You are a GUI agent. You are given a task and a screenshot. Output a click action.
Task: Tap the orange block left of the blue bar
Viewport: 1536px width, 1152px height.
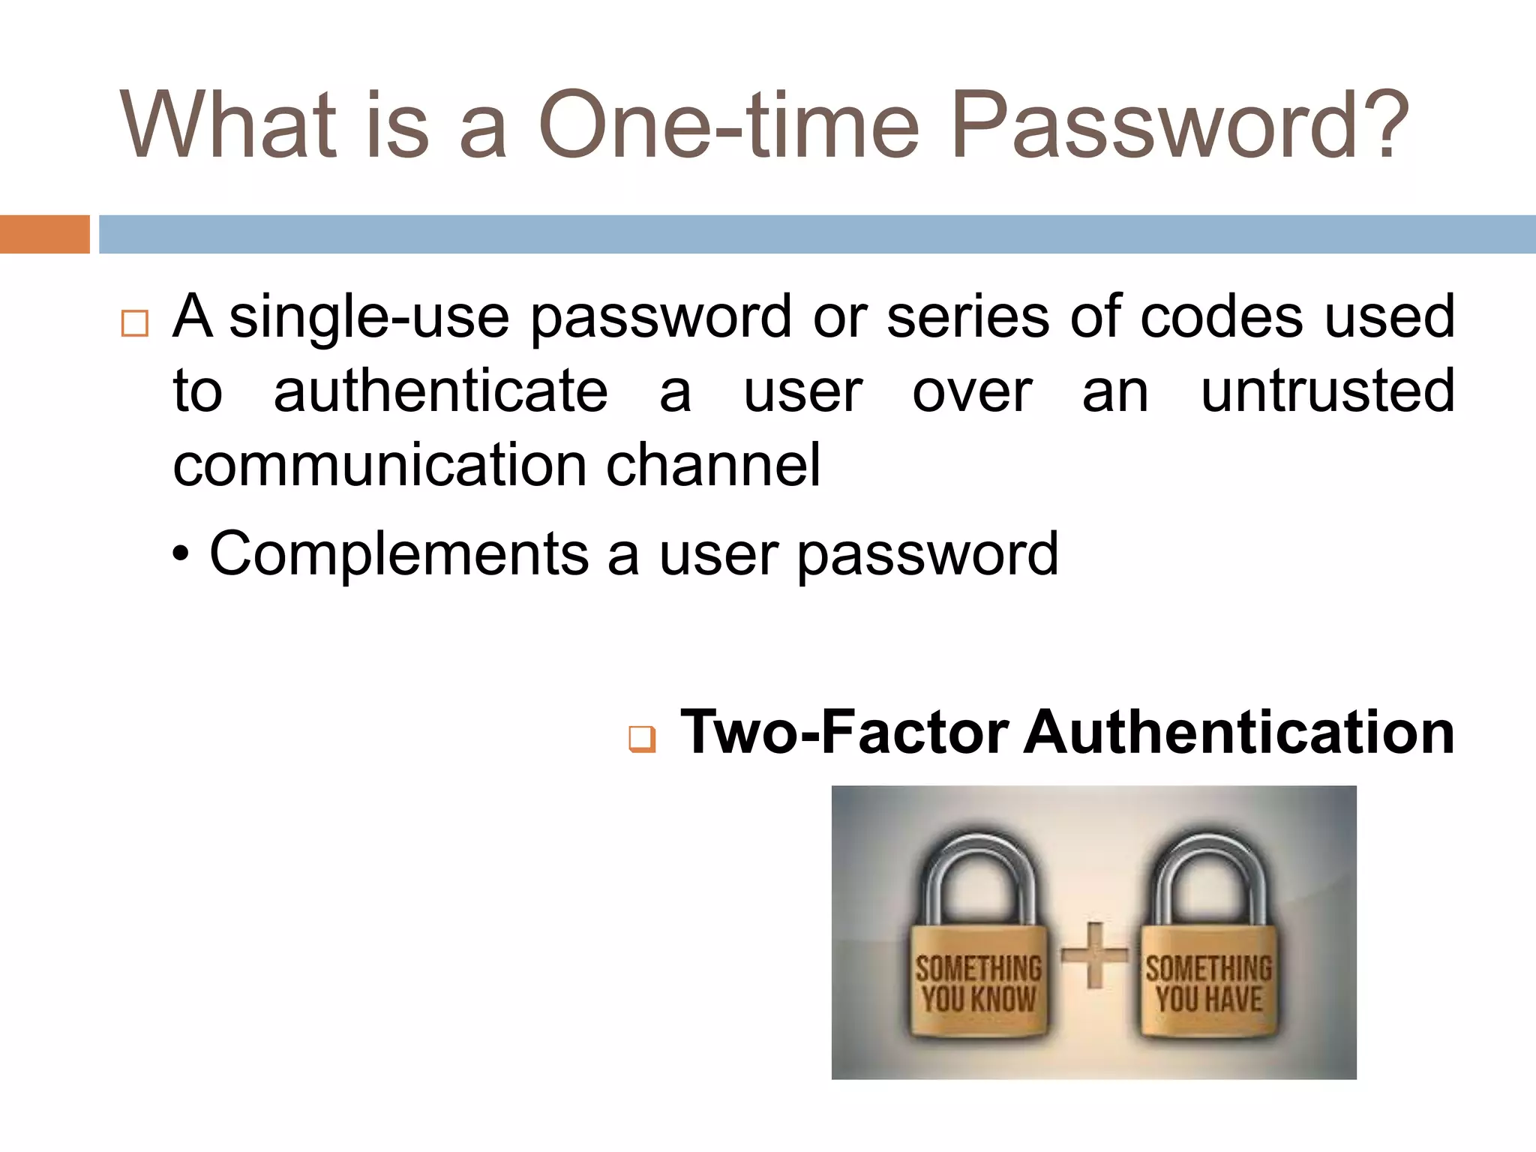[44, 234]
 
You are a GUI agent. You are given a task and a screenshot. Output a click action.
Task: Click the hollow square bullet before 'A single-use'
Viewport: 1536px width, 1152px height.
[134, 323]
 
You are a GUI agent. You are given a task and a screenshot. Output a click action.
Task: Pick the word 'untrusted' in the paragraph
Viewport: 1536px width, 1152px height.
[1327, 391]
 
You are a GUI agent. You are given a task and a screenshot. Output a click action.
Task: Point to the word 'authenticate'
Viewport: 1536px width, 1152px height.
[440, 391]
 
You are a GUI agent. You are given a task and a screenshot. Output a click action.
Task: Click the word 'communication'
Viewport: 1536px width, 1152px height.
[379, 466]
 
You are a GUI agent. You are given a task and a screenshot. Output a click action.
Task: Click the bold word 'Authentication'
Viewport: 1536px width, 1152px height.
[1239, 732]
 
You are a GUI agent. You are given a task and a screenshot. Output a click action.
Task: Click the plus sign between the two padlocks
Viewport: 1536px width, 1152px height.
[1094, 955]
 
